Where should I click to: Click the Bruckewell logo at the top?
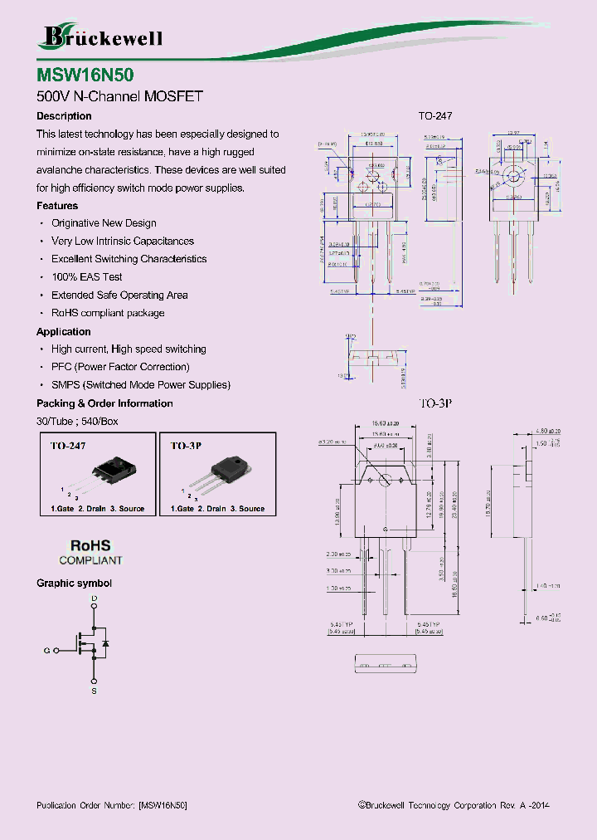pyautogui.click(x=101, y=37)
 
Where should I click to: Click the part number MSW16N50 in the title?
pyautogui.click(x=85, y=74)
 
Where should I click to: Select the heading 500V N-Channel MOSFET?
pyautogui.click(x=119, y=95)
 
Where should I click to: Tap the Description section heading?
pyautogui.click(x=64, y=116)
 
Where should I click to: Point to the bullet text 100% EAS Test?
pyautogui.click(x=86, y=277)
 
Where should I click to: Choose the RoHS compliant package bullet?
pyautogui.click(x=108, y=313)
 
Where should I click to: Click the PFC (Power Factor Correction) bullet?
pyautogui.click(x=120, y=367)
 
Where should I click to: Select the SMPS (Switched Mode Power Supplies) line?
pyautogui.click(x=140, y=385)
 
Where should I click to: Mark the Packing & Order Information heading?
pyautogui.click(x=104, y=403)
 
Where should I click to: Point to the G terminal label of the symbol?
pyautogui.click(x=47, y=652)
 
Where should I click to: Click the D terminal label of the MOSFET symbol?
pyautogui.click(x=94, y=598)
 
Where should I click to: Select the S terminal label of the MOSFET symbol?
pyautogui.click(x=94, y=691)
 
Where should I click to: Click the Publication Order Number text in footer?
pyautogui.click(x=112, y=806)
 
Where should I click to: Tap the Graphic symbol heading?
pyautogui.click(x=74, y=584)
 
